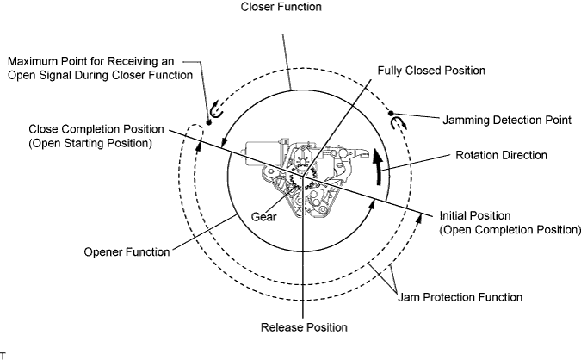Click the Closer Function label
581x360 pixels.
pos(281,7)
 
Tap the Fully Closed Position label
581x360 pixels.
pos(431,71)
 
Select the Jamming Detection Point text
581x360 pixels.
pos(507,120)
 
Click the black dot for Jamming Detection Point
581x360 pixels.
pos(391,113)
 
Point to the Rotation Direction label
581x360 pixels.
pos(501,155)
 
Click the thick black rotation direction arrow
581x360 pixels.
pos(378,166)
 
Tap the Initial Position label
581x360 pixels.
pos(475,215)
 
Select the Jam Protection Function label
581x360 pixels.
pos(460,297)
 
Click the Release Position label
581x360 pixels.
pos(304,327)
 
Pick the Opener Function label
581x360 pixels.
pos(127,252)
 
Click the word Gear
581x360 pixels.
pos(264,216)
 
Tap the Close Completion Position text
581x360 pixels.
pos(96,129)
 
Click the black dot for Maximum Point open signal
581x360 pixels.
pos(208,122)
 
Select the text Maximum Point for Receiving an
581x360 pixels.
pos(90,61)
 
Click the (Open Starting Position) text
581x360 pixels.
pos(90,143)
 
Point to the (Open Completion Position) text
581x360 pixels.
pos(510,229)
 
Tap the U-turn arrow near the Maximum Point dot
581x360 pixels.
pos(216,109)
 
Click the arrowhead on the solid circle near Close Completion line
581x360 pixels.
pos(223,144)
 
